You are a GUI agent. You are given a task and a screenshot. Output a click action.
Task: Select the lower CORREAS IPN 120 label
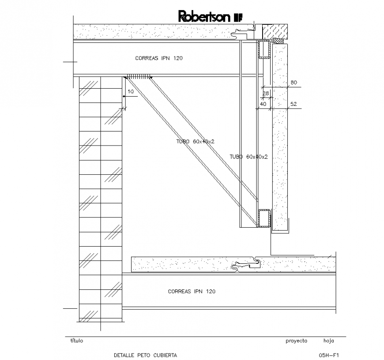pyautogui.click(x=192, y=292)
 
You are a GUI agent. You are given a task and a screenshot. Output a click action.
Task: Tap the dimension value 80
pyautogui.click(x=294, y=82)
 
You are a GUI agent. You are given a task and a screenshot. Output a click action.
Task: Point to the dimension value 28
pyautogui.click(x=266, y=93)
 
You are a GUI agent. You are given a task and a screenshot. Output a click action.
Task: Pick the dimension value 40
pyautogui.click(x=263, y=104)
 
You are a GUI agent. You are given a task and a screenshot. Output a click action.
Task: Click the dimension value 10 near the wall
pyautogui.click(x=130, y=92)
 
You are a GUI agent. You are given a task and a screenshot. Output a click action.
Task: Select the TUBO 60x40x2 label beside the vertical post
pyautogui.click(x=249, y=157)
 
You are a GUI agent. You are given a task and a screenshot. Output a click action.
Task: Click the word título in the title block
pyautogui.click(x=76, y=341)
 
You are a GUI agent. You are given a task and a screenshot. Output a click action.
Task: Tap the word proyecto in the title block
pyautogui.click(x=296, y=341)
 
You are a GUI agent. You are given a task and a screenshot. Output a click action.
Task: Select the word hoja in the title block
pyautogui.click(x=329, y=341)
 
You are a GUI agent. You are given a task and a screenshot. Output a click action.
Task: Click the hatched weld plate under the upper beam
pyautogui.click(x=138, y=76)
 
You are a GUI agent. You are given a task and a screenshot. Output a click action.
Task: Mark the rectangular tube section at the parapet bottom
pyautogui.click(x=264, y=218)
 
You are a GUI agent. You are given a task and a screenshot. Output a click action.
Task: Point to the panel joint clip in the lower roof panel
pyautogui.click(x=246, y=265)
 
